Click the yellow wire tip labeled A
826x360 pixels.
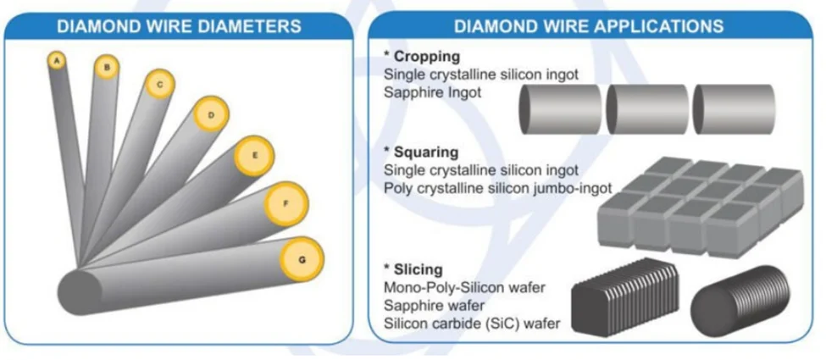pos(58,61)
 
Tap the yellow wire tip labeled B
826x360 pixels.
pos(107,67)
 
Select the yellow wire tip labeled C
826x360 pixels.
pos(158,84)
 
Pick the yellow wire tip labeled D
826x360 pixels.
pos(211,114)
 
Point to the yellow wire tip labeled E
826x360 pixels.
pos(254,156)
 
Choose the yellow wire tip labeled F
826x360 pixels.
pos(286,204)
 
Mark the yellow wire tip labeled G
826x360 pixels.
pos(302,259)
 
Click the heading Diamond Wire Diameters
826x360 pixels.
pos(179,26)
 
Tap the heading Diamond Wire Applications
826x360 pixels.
pos(589,26)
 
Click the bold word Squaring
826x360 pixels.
pos(426,152)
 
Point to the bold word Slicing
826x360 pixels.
pos(419,269)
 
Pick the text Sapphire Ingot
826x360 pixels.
pos(433,93)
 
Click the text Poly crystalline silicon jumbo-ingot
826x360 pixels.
pos(498,188)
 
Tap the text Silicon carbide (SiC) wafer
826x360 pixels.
pos(472,323)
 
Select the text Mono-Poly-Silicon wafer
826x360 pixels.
pos(464,288)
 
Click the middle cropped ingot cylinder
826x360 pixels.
pos(648,109)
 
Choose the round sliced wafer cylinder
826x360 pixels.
pos(740,301)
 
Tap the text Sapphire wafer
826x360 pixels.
pos(434,305)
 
